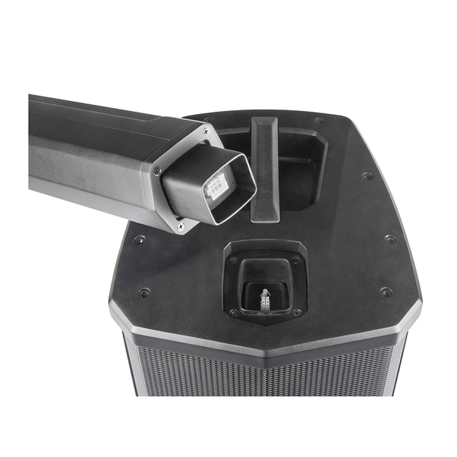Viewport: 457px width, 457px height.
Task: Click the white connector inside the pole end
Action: (x=217, y=188)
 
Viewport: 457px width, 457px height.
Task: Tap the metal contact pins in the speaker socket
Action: (x=264, y=300)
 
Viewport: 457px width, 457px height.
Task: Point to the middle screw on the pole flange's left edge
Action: (x=157, y=171)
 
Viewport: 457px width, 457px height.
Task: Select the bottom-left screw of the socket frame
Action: (x=233, y=312)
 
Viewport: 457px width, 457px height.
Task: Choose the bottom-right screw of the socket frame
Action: (x=296, y=312)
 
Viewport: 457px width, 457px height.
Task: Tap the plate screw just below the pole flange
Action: (x=138, y=239)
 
